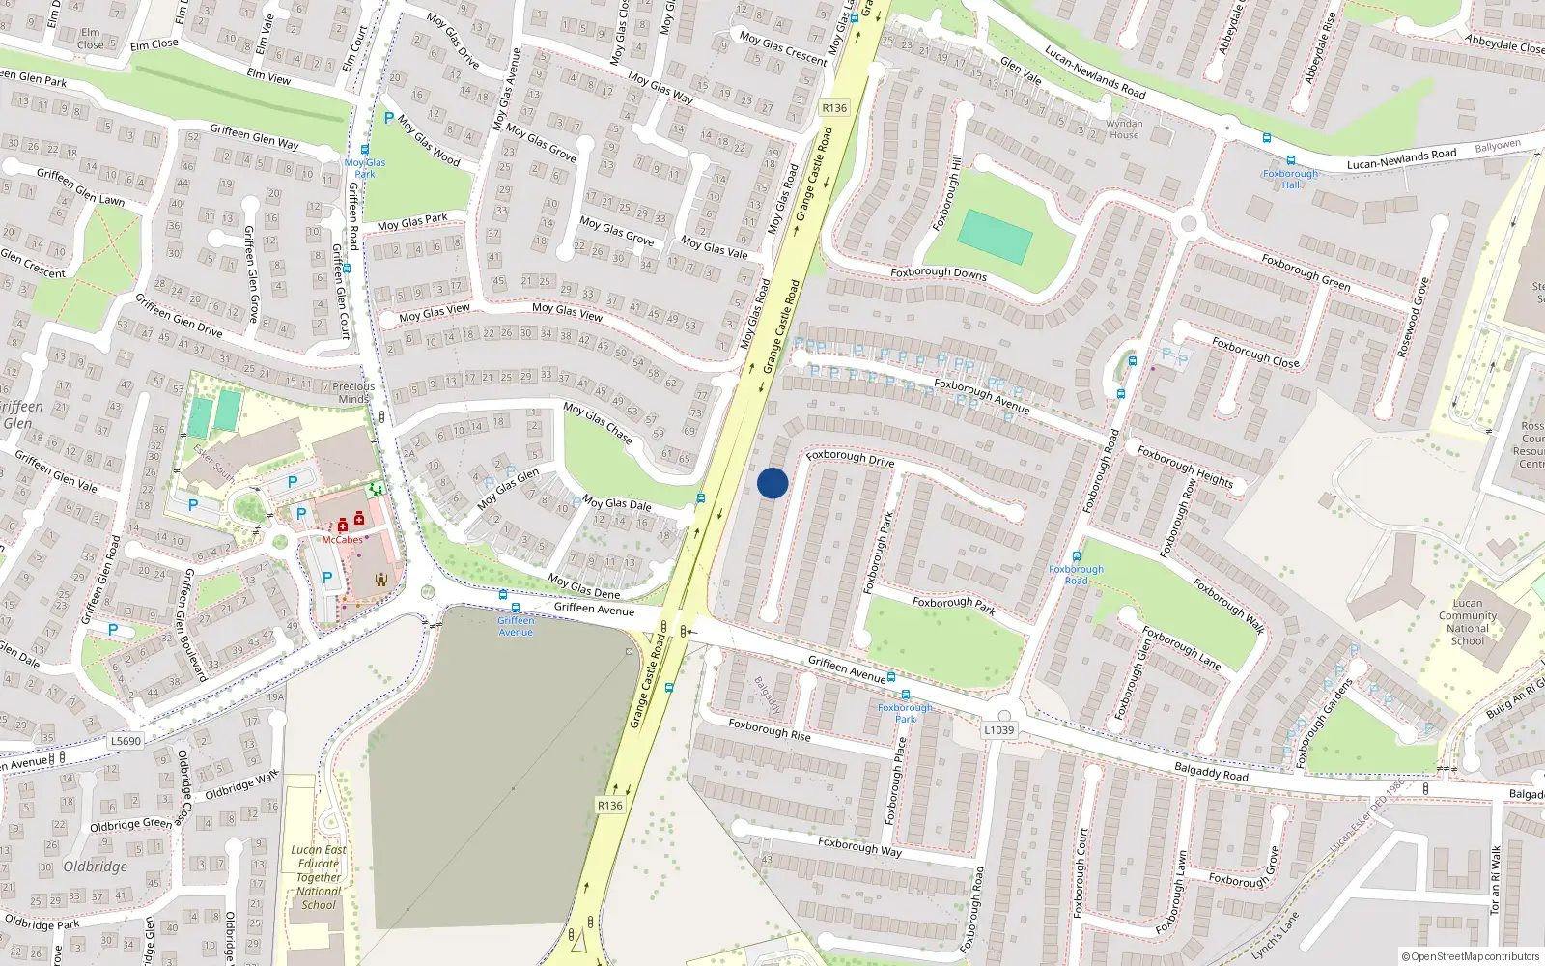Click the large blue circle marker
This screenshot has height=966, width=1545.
click(772, 483)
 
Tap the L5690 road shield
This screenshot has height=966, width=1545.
click(126, 741)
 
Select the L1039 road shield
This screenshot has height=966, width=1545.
click(999, 729)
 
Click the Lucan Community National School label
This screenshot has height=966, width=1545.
click(1467, 622)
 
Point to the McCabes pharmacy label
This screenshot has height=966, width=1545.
click(342, 540)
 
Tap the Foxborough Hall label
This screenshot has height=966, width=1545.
click(1290, 179)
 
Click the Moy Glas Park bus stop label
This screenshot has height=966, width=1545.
click(365, 168)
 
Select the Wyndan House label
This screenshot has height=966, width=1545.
click(1124, 129)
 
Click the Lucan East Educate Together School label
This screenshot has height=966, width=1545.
click(319, 877)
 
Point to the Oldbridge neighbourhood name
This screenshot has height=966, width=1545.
click(95, 867)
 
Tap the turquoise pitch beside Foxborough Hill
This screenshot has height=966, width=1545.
click(995, 237)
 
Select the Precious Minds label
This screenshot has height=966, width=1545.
click(353, 392)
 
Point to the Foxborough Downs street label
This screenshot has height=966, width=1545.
click(939, 273)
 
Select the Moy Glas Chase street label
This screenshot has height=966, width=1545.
click(598, 423)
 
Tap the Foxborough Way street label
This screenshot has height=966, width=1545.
click(859, 846)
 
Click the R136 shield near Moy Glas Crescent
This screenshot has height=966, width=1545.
click(834, 108)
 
